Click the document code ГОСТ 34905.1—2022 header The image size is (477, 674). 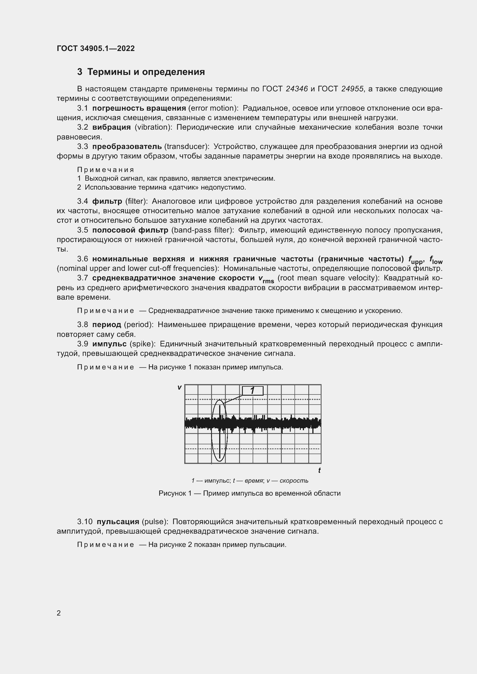tap(95, 48)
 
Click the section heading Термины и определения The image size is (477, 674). tap(146, 72)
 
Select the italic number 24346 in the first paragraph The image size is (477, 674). tap(296, 89)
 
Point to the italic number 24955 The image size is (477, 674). tap(352, 89)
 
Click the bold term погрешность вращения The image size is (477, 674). tap(139, 108)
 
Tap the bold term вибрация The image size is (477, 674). tap(111, 127)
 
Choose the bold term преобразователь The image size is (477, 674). tap(127, 146)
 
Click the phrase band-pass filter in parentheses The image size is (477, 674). tap(202, 230)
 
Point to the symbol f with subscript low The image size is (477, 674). tap(435, 260)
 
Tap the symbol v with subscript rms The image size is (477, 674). tap(266, 279)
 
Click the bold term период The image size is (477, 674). tap(106, 325)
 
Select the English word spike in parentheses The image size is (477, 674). tap(142, 344)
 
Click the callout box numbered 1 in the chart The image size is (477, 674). tap(252, 391)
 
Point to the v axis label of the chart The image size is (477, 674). tap(179, 388)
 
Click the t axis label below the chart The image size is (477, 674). tap(319, 471)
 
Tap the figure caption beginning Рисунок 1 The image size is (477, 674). tap(249, 493)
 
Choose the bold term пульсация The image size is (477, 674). tap(118, 522)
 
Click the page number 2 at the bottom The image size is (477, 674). tap(59, 613)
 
